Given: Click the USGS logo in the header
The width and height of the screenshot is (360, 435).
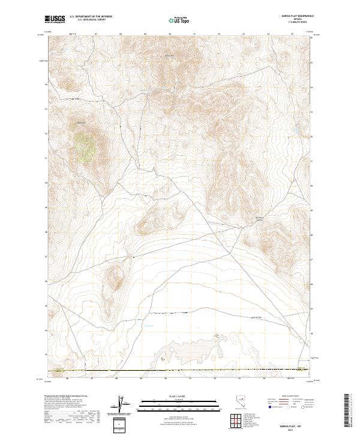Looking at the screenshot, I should tap(54, 19).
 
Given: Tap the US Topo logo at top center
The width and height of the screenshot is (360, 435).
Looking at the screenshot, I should tap(178, 20).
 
